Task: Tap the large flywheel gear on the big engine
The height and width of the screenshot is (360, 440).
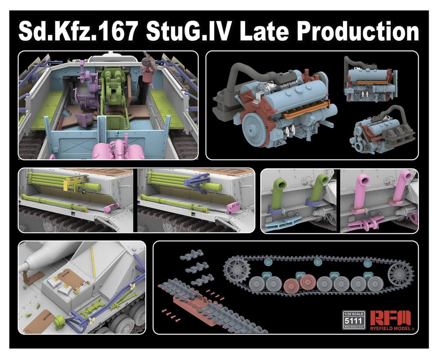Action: click(x=256, y=130)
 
